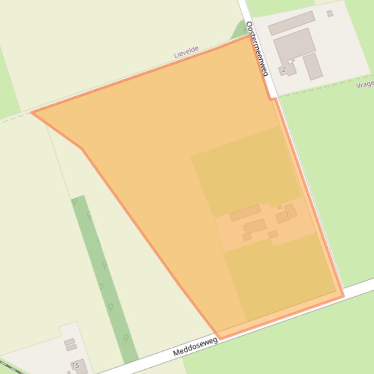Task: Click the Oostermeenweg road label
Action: (x=257, y=49)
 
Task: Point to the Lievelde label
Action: (x=187, y=52)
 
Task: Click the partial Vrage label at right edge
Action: (x=365, y=85)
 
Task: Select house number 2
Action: (x=284, y=69)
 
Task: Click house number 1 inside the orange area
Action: (x=287, y=214)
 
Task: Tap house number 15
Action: (x=75, y=365)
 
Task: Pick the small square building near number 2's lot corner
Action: (x=330, y=14)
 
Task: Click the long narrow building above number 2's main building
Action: (x=291, y=23)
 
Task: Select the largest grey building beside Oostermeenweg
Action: (x=294, y=45)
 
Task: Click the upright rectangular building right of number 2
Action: (x=313, y=66)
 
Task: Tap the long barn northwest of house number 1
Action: (x=245, y=212)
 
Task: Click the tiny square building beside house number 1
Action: (x=280, y=207)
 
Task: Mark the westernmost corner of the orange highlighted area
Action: (x=32, y=113)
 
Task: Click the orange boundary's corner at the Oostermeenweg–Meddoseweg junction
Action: (x=343, y=295)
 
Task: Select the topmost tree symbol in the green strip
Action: (x=75, y=201)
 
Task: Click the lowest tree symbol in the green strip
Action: (x=126, y=338)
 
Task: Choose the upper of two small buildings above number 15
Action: (x=70, y=341)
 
